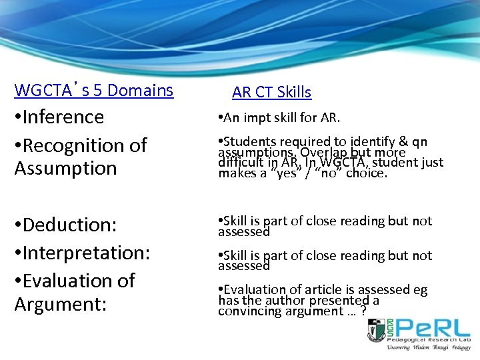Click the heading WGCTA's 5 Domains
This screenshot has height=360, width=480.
click(93, 90)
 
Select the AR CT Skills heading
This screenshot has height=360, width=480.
click(271, 92)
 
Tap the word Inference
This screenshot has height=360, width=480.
click(63, 117)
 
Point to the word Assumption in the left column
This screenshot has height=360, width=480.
click(56, 168)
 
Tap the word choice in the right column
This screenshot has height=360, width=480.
click(366, 173)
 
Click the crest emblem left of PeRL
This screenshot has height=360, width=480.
click(377, 331)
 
